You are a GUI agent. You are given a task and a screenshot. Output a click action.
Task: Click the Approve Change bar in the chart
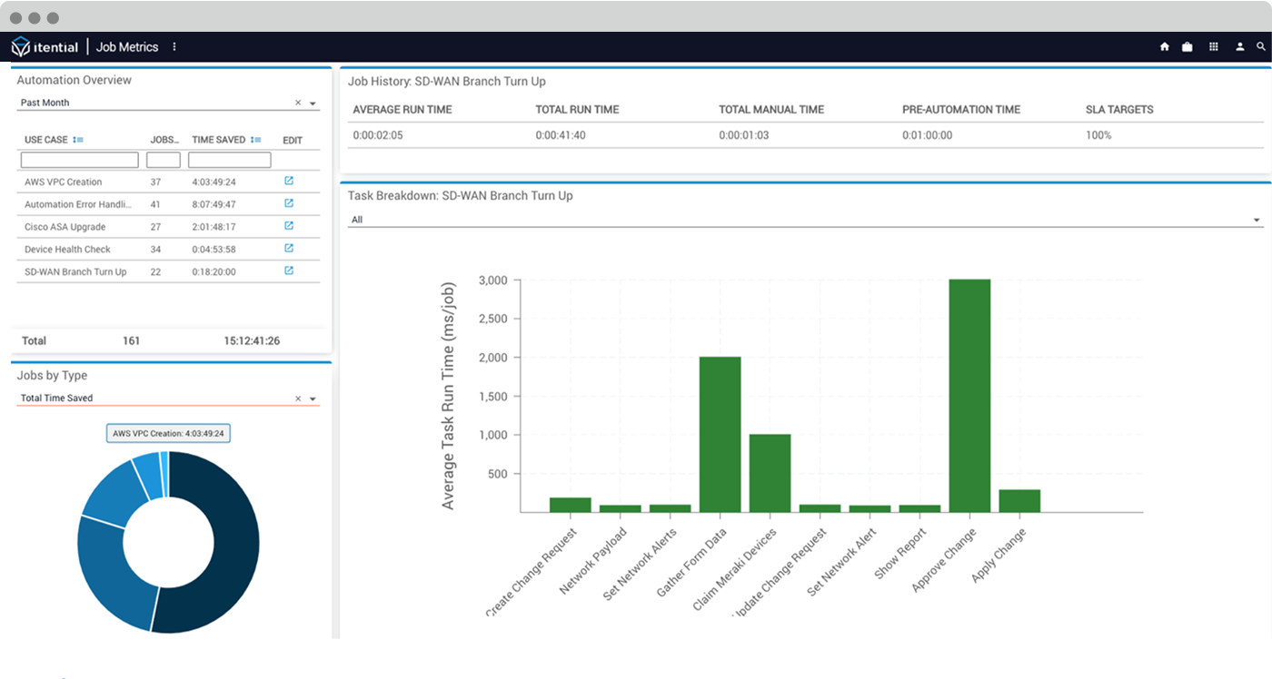969,395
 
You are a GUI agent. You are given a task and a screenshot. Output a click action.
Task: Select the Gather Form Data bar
720,434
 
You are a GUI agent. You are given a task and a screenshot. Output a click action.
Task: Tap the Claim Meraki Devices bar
770,473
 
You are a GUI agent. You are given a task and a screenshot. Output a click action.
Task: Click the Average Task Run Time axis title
448,395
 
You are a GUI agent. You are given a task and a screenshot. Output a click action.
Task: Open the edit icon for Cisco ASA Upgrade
289,226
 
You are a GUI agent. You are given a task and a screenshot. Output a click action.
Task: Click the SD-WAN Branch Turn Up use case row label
75,272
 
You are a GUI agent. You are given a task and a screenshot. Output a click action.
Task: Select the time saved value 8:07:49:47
214,205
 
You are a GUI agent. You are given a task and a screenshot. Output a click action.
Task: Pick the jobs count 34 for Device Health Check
155,250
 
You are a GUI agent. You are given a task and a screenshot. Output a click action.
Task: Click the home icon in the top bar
1164,47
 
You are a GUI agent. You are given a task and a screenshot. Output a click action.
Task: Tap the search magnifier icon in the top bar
1261,47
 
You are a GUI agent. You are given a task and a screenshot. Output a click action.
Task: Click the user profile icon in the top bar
1239,47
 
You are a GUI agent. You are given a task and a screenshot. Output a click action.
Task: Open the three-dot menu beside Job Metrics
174,47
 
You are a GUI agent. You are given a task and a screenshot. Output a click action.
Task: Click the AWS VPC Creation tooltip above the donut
168,434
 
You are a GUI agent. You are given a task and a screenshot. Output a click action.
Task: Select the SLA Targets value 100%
1098,135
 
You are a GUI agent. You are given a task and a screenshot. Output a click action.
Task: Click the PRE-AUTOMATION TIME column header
960,110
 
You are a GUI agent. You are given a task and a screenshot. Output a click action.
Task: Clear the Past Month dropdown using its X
298,103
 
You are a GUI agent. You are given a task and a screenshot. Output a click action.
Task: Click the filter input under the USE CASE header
79,160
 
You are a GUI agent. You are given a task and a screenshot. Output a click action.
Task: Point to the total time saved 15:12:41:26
252,341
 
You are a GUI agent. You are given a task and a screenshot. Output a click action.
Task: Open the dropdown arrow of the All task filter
1257,221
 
